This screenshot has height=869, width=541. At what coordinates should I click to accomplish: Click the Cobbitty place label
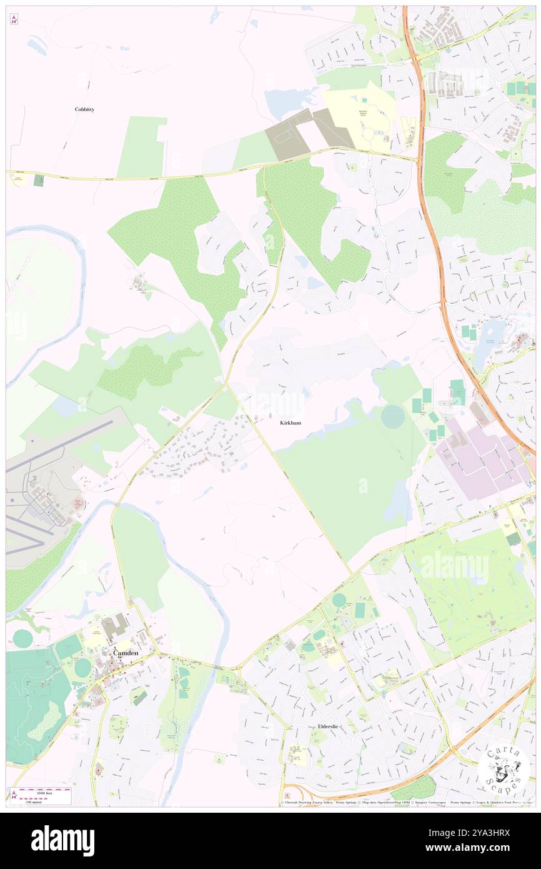[84, 109]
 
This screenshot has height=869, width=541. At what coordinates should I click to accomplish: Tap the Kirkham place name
[290, 423]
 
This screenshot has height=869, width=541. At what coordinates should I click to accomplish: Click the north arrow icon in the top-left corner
[14, 19]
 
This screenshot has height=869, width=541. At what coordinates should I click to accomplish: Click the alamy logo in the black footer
[62, 840]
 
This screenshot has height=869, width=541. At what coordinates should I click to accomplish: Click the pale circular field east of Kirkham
[393, 416]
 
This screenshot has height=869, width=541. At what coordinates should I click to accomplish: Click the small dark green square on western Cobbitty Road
[39, 180]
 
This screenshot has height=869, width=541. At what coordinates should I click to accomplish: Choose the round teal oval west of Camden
[22, 638]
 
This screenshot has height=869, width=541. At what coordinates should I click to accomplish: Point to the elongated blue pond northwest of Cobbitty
[36, 46]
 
